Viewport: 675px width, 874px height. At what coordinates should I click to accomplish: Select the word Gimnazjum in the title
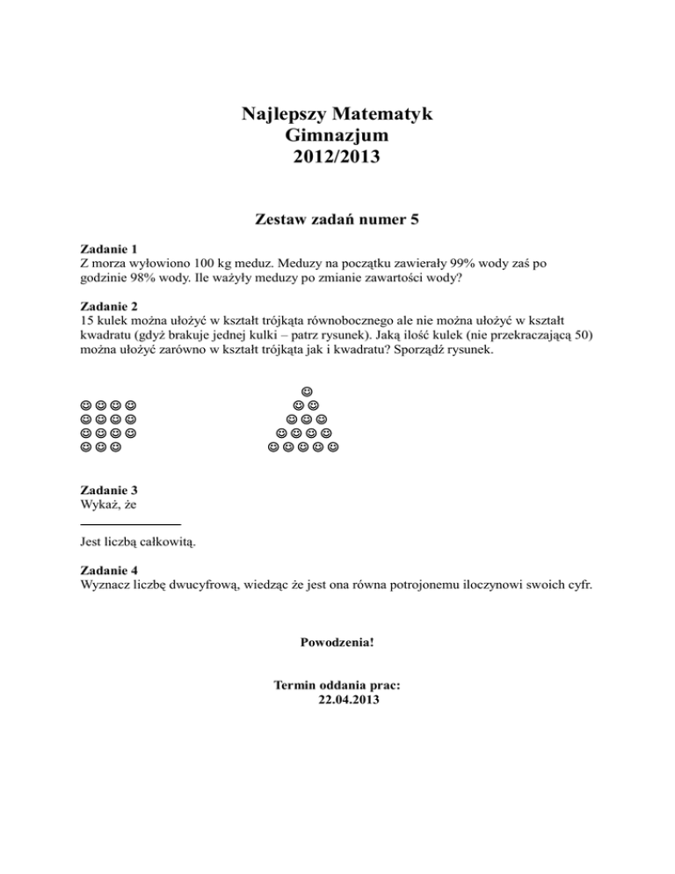point(337,136)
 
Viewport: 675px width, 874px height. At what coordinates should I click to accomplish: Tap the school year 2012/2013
point(337,158)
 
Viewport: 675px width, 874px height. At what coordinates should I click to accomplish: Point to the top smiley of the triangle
point(306,390)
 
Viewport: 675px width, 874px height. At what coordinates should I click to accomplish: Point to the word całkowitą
point(165,542)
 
